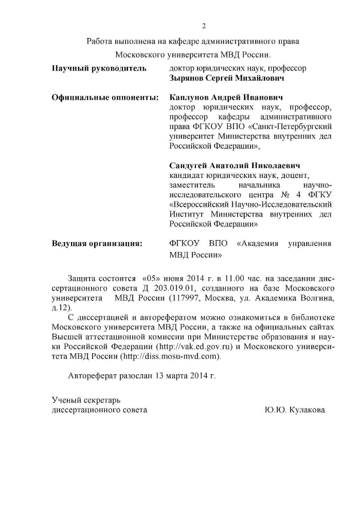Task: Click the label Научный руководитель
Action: pyautogui.click(x=99, y=68)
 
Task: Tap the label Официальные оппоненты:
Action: pyautogui.click(x=105, y=97)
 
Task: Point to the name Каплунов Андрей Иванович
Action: pyautogui.click(x=226, y=97)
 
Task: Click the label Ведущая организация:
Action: pyautogui.click(x=97, y=243)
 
